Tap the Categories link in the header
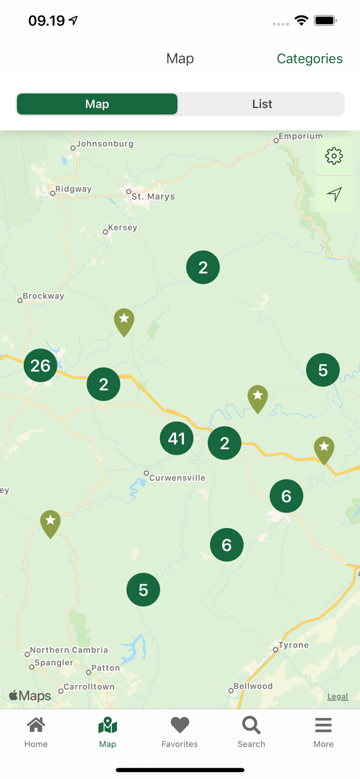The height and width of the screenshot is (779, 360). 309,59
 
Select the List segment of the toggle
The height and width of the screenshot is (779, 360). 262,104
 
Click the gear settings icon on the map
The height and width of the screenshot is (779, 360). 334,156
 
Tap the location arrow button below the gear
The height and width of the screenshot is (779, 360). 334,194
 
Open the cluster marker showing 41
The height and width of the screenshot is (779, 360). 177,438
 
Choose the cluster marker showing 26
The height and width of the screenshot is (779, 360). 40,366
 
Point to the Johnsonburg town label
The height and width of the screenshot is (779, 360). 104,144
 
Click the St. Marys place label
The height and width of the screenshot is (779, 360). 153,197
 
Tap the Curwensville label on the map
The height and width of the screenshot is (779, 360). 177,478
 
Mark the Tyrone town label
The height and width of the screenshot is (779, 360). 294,645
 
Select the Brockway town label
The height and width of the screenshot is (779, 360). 43,296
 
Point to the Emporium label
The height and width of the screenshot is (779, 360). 300,136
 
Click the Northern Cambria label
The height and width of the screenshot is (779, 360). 69,650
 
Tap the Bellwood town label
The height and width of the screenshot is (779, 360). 253,686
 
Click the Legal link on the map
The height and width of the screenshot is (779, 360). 337,696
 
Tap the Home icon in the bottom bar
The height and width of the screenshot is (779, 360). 36,725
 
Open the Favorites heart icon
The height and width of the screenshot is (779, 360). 180,725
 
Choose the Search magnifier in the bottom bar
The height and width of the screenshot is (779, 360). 251,725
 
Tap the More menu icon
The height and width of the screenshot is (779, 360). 323,725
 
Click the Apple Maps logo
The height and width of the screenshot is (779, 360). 30,695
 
